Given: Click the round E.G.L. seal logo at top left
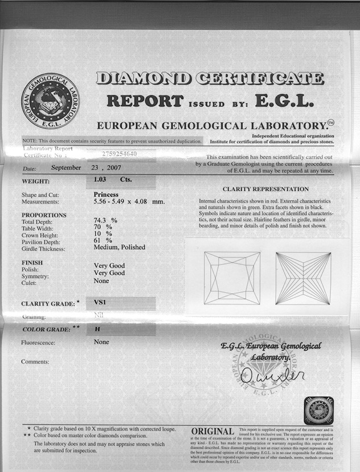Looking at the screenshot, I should pyautogui.click(x=50, y=100).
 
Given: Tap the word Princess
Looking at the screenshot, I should pyautogui.click(x=106, y=194).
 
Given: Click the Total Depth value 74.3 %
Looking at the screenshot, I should pyautogui.click(x=105, y=220).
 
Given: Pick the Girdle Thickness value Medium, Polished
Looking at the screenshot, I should pyautogui.click(x=119, y=247).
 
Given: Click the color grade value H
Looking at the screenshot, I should pyautogui.click(x=97, y=329).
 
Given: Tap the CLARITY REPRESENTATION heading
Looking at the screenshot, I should pyautogui.click(x=265, y=189).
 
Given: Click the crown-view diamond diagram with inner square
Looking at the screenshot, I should pyautogui.click(x=232, y=278).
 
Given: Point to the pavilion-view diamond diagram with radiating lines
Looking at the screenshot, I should pyautogui.click(x=302, y=278).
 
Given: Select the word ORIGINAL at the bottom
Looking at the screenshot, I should pyautogui.click(x=212, y=432).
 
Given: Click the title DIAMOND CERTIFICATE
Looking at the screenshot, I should pyautogui.click(x=210, y=78).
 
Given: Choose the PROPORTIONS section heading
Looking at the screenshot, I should pyautogui.click(x=44, y=215).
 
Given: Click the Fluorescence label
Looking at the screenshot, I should pyautogui.click(x=38, y=343).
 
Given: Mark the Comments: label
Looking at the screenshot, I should pyautogui.click(x=35, y=361).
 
